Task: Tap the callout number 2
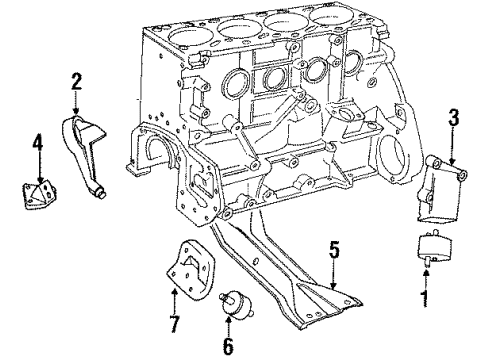pyautogui.click(x=76, y=78)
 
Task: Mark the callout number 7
pyautogui.click(x=173, y=324)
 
